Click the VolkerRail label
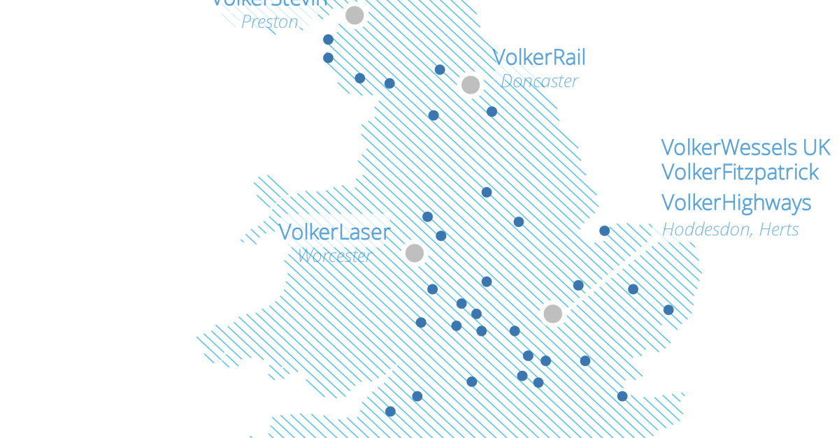point(539,57)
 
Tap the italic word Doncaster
point(539,81)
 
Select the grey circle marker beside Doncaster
point(471,85)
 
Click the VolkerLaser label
point(334,232)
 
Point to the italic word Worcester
point(334,256)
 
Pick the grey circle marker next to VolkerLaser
point(415,253)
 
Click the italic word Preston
point(270,22)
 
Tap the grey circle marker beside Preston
point(354,15)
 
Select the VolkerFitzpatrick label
point(740,172)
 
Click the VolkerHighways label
point(736,203)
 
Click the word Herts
point(778,229)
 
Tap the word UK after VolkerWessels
point(816,147)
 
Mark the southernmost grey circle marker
point(552,314)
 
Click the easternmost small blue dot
point(668,309)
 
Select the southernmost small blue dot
point(390,411)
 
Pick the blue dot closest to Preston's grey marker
point(328,40)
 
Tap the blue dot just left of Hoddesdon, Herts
point(605,231)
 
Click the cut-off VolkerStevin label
point(269,3)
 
